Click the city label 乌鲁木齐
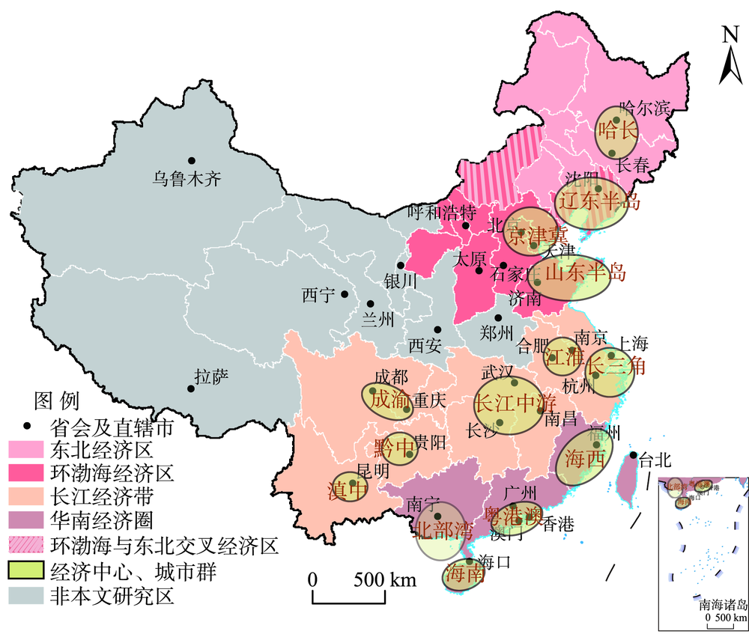187,180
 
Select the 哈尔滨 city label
645,109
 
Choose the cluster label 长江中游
510,403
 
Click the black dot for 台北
634,455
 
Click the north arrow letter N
730,35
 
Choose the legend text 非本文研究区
112,596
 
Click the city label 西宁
317,296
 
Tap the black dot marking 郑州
498,317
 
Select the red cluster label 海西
584,458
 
